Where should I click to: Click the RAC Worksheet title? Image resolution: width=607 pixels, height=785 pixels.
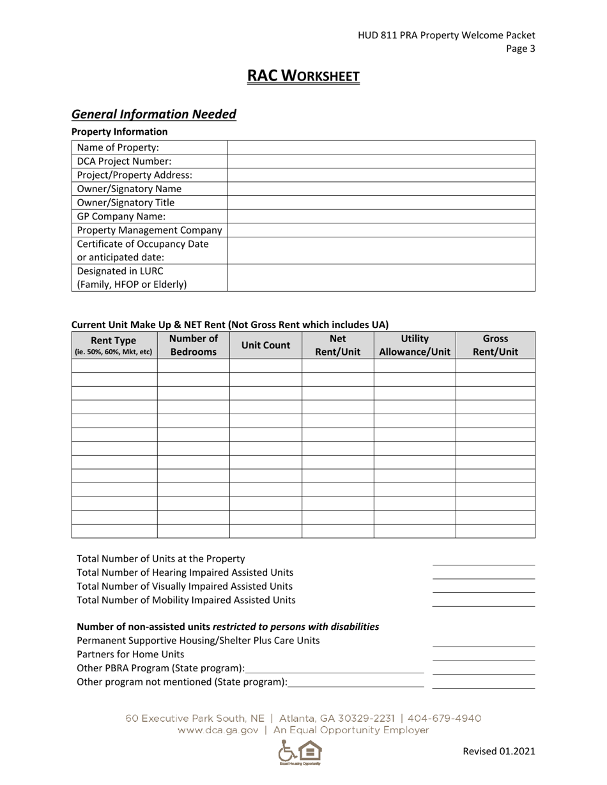pyautogui.click(x=303, y=77)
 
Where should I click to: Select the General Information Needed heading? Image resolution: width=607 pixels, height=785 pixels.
pyautogui.click(x=154, y=114)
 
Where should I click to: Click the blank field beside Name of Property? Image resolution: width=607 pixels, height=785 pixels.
pyautogui.click(x=381, y=148)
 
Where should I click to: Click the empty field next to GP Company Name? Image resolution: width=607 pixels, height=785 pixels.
pyautogui.click(x=381, y=216)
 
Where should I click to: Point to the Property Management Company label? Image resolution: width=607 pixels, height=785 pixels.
pyautogui.click(x=150, y=230)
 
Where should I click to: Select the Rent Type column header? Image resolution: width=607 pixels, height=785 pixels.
pyautogui.click(x=114, y=345)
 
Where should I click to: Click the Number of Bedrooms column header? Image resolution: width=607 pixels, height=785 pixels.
pyautogui.click(x=193, y=345)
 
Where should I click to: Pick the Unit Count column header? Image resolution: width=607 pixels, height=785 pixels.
pyautogui.click(x=265, y=345)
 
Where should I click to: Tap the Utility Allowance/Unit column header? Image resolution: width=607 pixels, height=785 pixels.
pyautogui.click(x=415, y=345)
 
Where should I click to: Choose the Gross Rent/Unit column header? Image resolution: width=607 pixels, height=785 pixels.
pyautogui.click(x=495, y=345)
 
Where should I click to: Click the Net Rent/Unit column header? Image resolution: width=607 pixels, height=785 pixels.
pyautogui.click(x=337, y=345)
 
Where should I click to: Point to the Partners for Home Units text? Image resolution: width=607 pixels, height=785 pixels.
pyautogui.click(x=130, y=654)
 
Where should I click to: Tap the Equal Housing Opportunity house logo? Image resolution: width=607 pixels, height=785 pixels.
pyautogui.click(x=309, y=751)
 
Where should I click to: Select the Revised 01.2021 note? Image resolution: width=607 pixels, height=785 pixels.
pyautogui.click(x=498, y=751)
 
